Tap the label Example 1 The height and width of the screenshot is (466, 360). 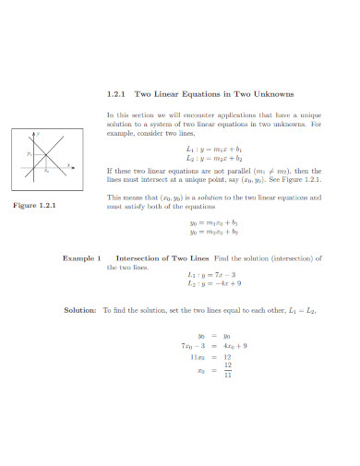tap(80, 259)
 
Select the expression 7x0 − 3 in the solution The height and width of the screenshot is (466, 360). tap(193, 345)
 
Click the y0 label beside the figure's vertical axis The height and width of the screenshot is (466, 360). tap(29, 154)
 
